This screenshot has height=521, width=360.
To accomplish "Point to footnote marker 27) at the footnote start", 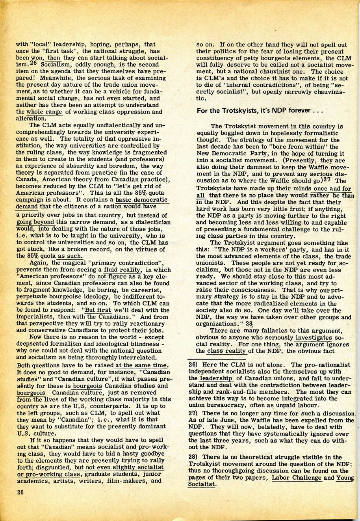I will pos(193,413).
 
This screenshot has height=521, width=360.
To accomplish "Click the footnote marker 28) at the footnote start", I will pos(193,457).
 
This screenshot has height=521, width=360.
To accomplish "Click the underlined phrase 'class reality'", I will pos(226,351).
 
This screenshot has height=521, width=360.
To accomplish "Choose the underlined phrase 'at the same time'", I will pos(141,365).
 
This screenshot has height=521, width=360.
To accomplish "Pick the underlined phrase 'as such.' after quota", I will pos(70,256).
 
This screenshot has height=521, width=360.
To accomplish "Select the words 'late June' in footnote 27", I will pos(220,420).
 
